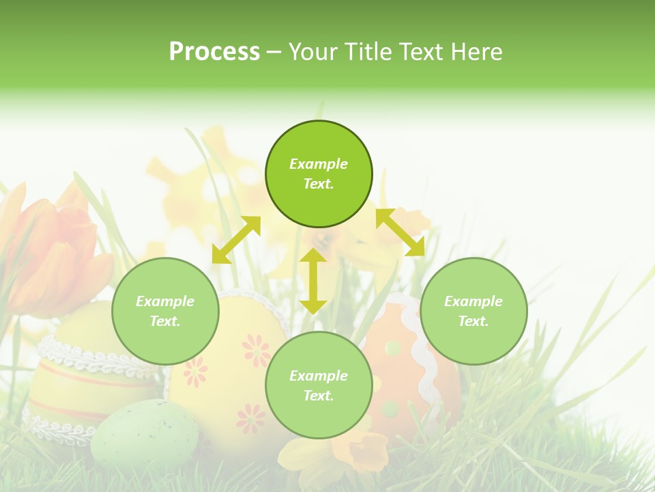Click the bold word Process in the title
214,52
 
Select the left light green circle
165,311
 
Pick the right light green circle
474,311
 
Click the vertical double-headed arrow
313,281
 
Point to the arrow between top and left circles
236,240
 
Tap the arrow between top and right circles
401,232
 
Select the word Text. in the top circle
319,184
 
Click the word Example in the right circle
474,301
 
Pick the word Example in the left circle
165,301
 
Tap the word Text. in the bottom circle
319,396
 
